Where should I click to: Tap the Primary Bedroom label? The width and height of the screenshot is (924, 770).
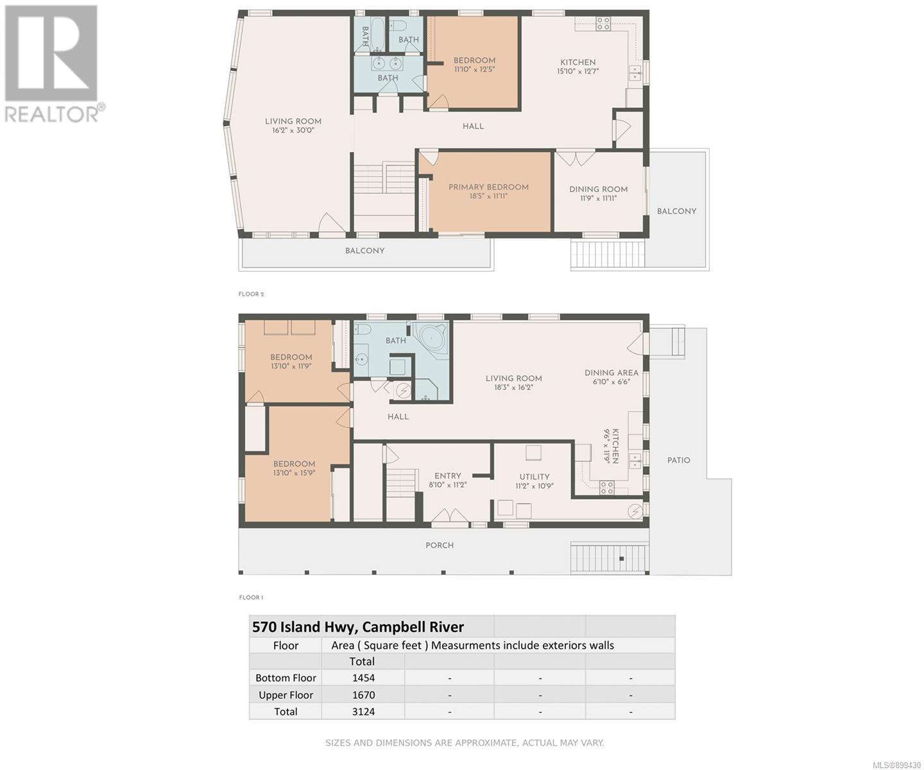point(488,187)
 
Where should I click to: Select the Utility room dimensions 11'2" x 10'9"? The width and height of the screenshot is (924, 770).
point(534,486)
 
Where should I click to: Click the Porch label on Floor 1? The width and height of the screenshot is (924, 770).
point(440,545)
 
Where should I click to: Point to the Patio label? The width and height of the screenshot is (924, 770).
point(678,460)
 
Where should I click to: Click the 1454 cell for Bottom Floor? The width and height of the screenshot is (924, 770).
point(363,678)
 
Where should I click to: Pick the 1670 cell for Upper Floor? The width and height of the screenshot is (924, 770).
point(363,695)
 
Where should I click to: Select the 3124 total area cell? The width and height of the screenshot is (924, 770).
point(363,712)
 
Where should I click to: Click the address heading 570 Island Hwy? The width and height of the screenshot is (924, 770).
point(358,627)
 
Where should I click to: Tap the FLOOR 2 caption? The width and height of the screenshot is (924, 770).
point(251,294)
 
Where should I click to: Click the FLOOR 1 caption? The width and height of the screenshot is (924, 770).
point(251,597)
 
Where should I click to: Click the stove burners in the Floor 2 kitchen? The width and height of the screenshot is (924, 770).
point(603,24)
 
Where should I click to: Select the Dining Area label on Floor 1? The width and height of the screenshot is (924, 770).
point(611,373)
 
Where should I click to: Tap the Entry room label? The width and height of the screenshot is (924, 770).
point(447,475)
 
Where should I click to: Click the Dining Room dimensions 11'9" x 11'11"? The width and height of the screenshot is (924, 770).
point(598,198)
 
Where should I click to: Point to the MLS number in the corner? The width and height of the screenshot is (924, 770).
point(896,765)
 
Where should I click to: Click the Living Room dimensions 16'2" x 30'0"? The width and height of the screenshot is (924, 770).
point(293,130)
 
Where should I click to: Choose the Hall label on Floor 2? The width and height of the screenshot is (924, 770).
point(473,126)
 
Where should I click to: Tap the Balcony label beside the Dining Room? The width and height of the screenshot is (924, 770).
point(676,211)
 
